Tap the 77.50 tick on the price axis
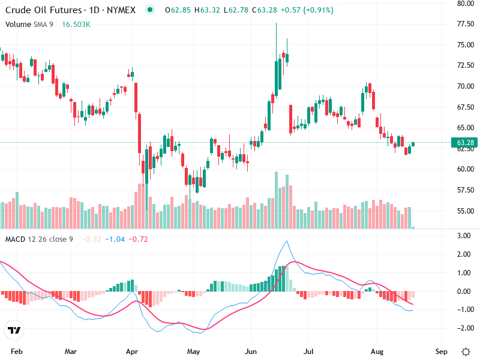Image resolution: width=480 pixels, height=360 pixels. (466, 24)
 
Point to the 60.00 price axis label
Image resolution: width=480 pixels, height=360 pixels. (466, 169)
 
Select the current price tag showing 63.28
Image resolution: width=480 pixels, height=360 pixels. (466, 143)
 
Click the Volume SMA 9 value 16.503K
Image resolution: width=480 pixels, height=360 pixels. (76, 24)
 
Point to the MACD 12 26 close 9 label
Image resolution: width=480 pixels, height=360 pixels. (40, 239)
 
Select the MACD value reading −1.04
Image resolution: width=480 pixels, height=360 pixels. (115, 239)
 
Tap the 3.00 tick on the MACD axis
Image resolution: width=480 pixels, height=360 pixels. (464, 236)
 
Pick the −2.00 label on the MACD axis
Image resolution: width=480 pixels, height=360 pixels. (463, 328)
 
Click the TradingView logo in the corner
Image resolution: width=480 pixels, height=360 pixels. (14, 331)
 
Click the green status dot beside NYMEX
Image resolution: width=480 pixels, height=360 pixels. (149, 10)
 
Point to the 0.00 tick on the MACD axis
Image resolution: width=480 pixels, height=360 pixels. (464, 292)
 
